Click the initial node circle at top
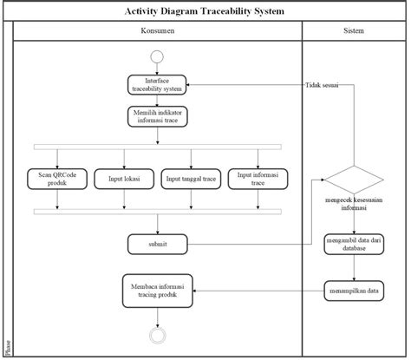coord(157,57)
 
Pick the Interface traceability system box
coord(157,84)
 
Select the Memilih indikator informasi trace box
coord(157,115)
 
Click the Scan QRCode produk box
coord(58,179)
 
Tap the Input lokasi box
coord(125,179)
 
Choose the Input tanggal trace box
coord(190,179)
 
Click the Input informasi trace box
coord(257,179)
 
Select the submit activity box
coord(157,245)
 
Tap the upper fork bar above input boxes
coord(157,145)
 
